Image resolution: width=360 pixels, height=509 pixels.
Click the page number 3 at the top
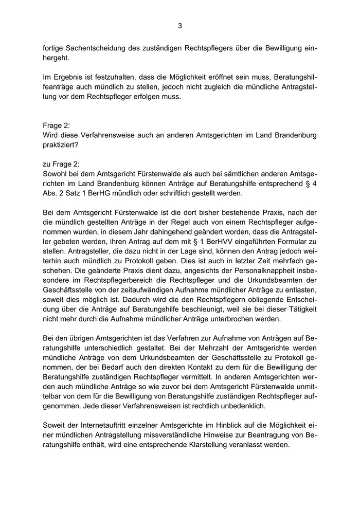tap(180, 25)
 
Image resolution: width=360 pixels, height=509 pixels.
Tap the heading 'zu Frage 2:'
tap(61, 164)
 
